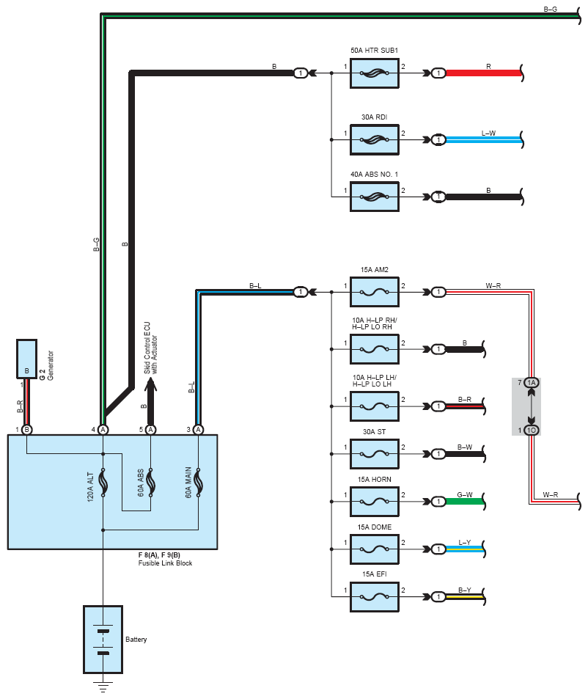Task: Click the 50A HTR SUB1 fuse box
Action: (375, 73)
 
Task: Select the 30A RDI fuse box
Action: (375, 139)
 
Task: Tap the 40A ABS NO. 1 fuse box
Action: (375, 196)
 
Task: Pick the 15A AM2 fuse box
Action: (375, 292)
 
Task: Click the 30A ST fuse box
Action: (375, 454)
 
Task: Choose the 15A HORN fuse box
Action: (375, 502)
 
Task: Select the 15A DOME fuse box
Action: (375, 549)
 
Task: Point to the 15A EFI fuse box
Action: (375, 596)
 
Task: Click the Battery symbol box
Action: (103, 639)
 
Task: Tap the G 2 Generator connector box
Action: (27, 359)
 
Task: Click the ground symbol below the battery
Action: (103, 687)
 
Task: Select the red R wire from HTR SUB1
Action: (484, 73)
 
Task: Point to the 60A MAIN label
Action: (188, 485)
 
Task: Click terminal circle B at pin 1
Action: (27, 429)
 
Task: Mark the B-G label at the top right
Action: (550, 9)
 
